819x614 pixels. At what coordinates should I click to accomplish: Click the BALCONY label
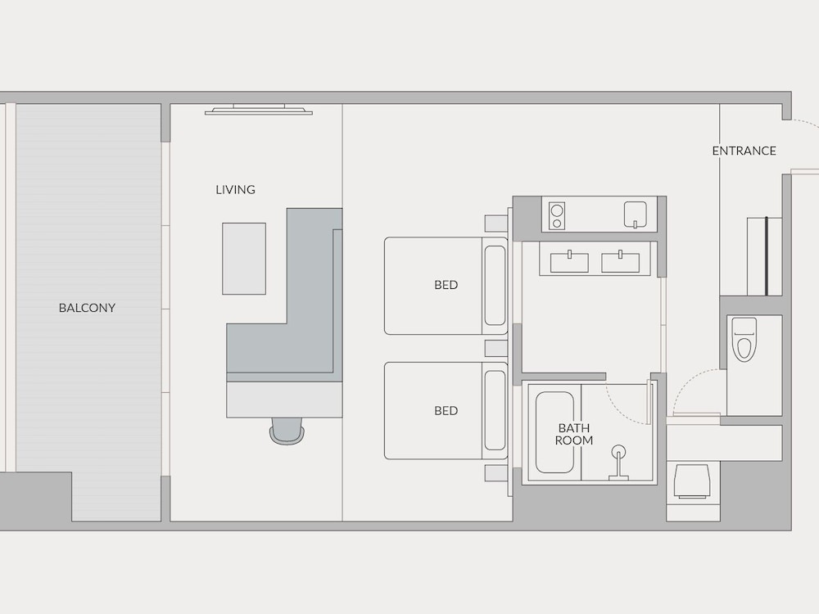(87, 308)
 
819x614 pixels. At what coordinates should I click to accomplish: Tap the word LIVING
(236, 190)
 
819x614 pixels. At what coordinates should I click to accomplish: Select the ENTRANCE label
(744, 151)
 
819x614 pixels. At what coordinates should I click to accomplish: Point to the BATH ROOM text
(573, 435)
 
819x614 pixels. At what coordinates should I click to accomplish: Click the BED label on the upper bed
(446, 285)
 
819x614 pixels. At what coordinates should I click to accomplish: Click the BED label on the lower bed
(446, 411)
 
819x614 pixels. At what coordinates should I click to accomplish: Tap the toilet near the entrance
(744, 340)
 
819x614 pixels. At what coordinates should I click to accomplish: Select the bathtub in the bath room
(554, 432)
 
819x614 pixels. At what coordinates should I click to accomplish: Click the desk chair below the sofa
(286, 431)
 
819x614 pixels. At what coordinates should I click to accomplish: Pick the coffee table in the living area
(244, 259)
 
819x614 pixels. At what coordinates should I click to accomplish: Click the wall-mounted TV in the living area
(259, 110)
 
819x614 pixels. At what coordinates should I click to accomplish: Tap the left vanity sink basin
(569, 262)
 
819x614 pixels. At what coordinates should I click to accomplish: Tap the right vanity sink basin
(621, 262)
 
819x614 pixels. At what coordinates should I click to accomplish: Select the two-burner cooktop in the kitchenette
(557, 216)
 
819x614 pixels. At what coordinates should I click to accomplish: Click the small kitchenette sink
(636, 214)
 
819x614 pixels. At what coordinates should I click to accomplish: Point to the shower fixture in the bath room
(619, 462)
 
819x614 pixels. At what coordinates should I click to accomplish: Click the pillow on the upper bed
(495, 286)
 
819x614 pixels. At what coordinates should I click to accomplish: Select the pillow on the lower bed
(495, 410)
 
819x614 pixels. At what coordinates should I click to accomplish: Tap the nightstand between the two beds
(496, 348)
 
